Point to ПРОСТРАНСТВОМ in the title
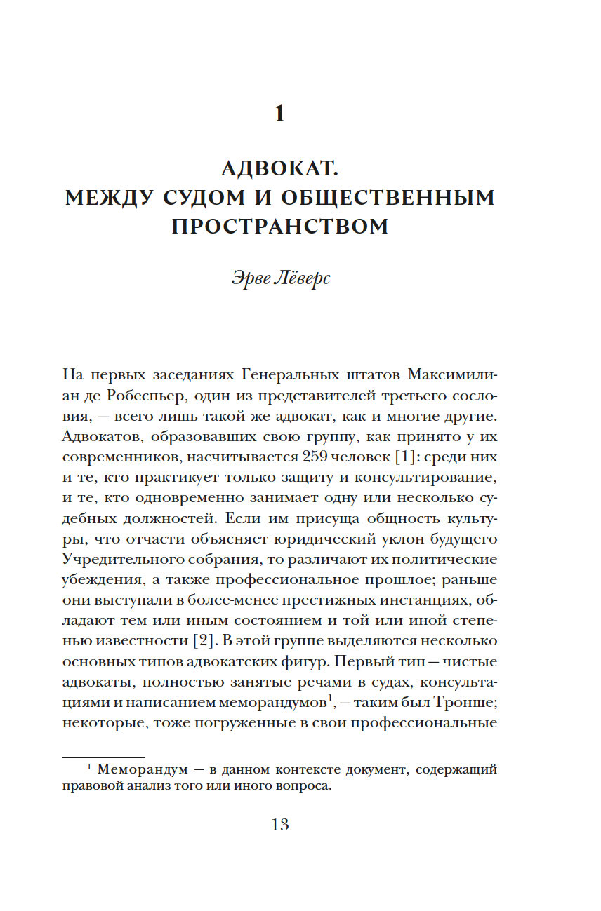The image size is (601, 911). (x=279, y=227)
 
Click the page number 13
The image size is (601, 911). (x=279, y=824)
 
